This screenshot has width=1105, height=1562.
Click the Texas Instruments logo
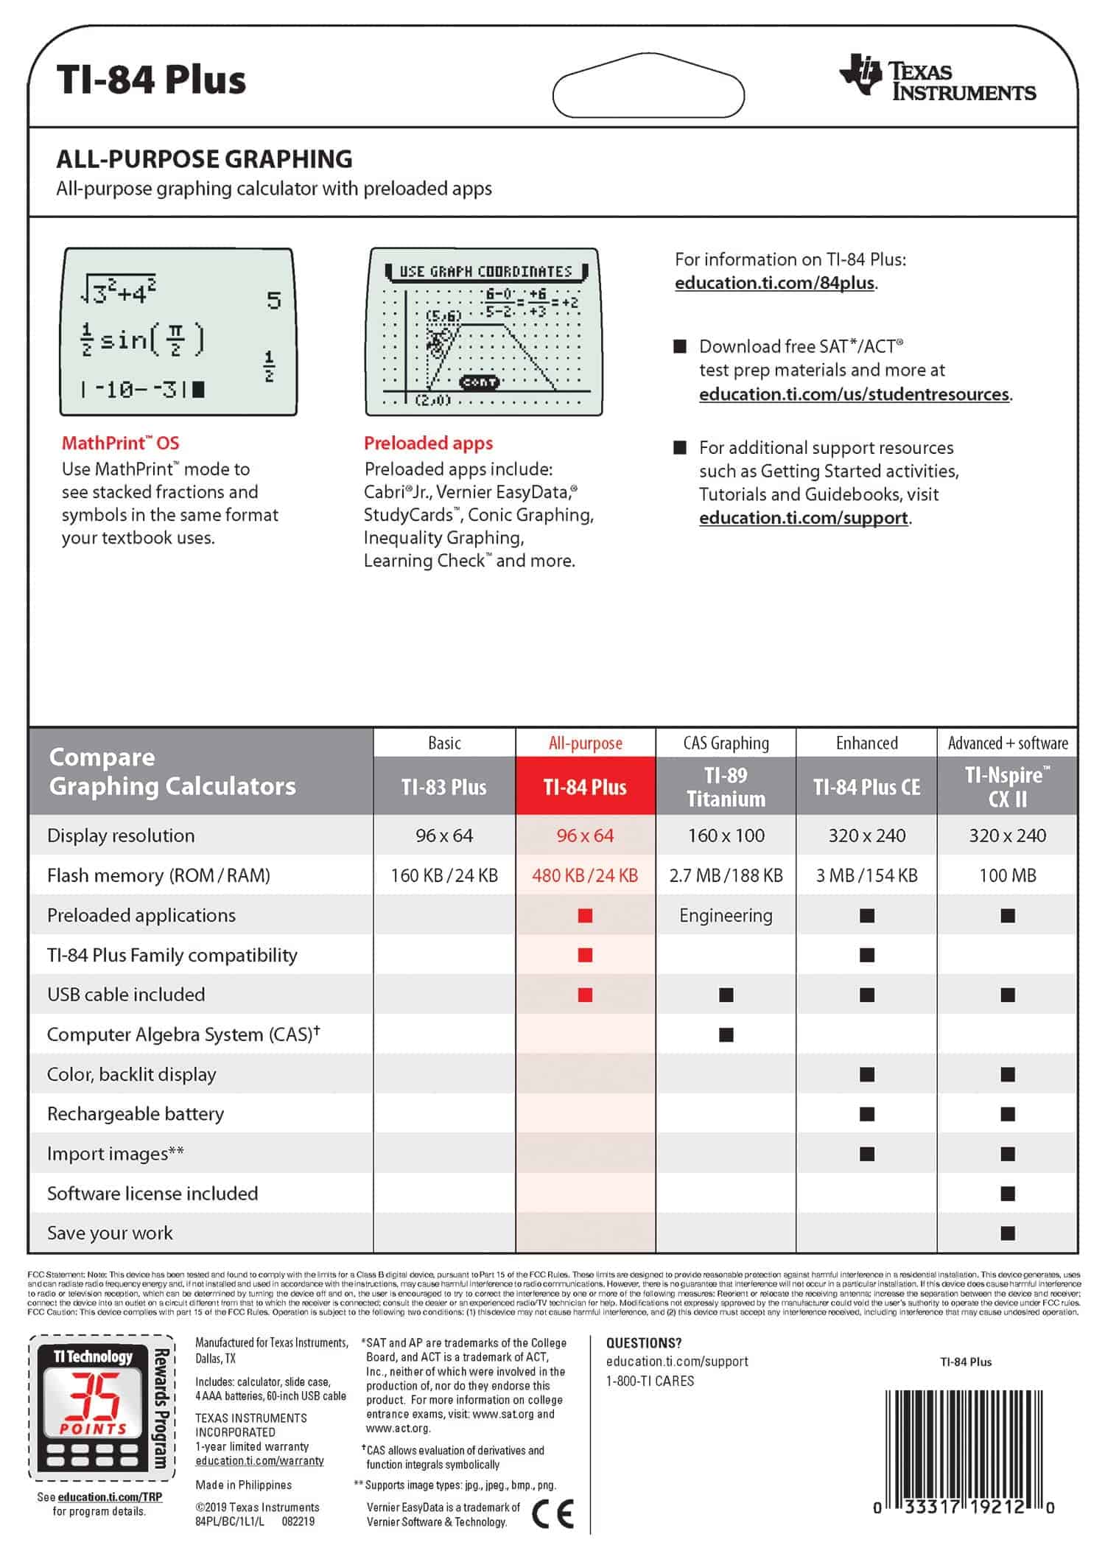click(x=937, y=78)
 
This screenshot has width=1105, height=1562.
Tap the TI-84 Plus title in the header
click(x=151, y=80)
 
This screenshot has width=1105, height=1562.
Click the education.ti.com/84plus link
click(x=775, y=283)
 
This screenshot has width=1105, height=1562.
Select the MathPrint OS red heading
click(x=120, y=443)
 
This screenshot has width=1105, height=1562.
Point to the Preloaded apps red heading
click(x=428, y=443)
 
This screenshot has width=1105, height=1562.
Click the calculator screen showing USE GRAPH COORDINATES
click(x=484, y=332)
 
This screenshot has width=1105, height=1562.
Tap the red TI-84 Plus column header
click(x=585, y=787)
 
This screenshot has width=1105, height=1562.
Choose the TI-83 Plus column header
click(x=443, y=787)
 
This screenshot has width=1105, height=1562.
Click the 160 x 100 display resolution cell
click(x=726, y=836)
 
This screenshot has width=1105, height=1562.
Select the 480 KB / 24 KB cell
click(x=585, y=875)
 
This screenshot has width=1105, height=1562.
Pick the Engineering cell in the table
click(x=726, y=915)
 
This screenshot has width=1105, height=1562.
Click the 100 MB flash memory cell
click(x=1007, y=875)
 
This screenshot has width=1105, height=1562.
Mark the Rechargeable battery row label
click(x=136, y=1113)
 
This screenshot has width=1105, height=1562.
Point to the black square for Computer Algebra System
click(x=726, y=1035)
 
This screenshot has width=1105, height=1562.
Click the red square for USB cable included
click(x=585, y=995)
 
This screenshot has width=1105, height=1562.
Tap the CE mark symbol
click(x=552, y=1515)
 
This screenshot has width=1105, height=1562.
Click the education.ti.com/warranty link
click(x=259, y=1461)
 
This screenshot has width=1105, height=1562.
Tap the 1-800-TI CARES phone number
click(x=650, y=1381)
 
